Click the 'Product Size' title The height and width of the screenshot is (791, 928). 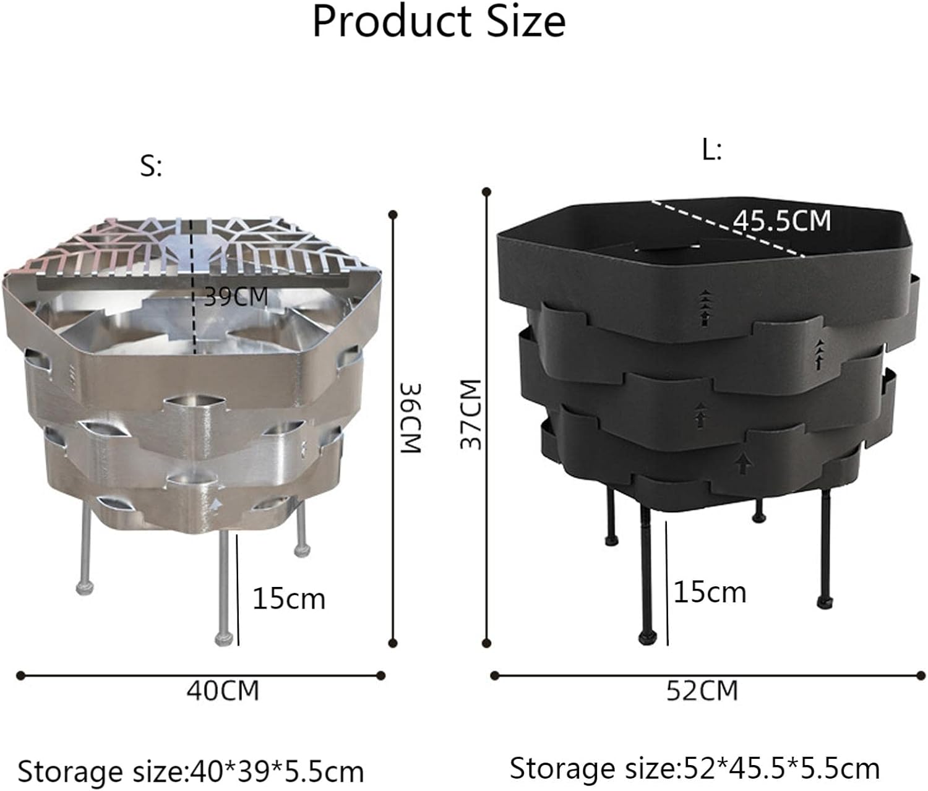pos(439,22)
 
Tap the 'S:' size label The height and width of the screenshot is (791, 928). pos(151,166)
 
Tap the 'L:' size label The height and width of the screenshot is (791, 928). pos(712,150)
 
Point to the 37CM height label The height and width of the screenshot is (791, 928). pos(471,414)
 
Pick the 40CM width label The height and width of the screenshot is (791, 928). pos(223,690)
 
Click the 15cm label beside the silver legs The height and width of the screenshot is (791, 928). pos(289,599)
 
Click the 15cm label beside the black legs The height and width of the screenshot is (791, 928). pos(710,592)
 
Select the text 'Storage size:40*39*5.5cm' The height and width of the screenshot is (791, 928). pos(191,771)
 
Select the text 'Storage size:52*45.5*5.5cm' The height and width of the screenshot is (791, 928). pos(694,768)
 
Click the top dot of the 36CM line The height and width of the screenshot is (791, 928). pos(392,215)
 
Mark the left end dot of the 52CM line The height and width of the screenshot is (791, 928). pos(494,675)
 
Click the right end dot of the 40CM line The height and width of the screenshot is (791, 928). pos(381,675)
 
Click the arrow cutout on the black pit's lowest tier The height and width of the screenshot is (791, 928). pos(742,462)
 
